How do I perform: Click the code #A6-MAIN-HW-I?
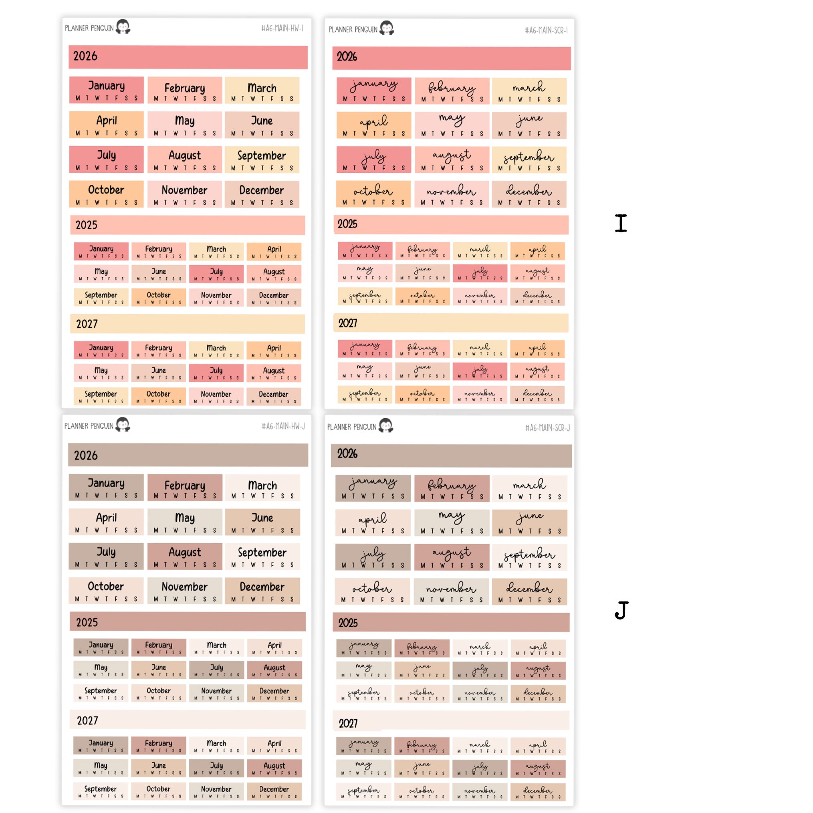[x=282, y=28]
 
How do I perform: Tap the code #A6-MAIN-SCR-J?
[x=547, y=428]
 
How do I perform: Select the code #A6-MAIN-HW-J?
[x=283, y=426]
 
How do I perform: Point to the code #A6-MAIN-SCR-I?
[x=546, y=30]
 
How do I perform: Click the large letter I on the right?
[x=621, y=223]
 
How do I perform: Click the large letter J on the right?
[x=621, y=610]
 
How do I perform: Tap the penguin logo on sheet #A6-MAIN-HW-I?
[x=123, y=27]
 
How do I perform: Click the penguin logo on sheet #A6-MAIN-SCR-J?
[x=386, y=426]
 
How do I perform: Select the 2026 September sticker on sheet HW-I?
[x=262, y=159]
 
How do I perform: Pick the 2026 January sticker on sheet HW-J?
[x=106, y=487]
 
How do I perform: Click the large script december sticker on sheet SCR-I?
[x=529, y=194]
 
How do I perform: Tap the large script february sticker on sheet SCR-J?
[x=452, y=488]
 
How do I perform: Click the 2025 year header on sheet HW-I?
[x=188, y=225]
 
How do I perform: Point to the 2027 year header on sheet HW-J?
[x=188, y=720]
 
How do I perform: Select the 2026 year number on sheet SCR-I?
[x=347, y=57]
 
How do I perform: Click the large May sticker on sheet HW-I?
[x=184, y=125]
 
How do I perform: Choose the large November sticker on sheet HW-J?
[x=184, y=591]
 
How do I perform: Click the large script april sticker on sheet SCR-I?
[x=373, y=125]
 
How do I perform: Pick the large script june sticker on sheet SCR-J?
[x=529, y=522]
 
